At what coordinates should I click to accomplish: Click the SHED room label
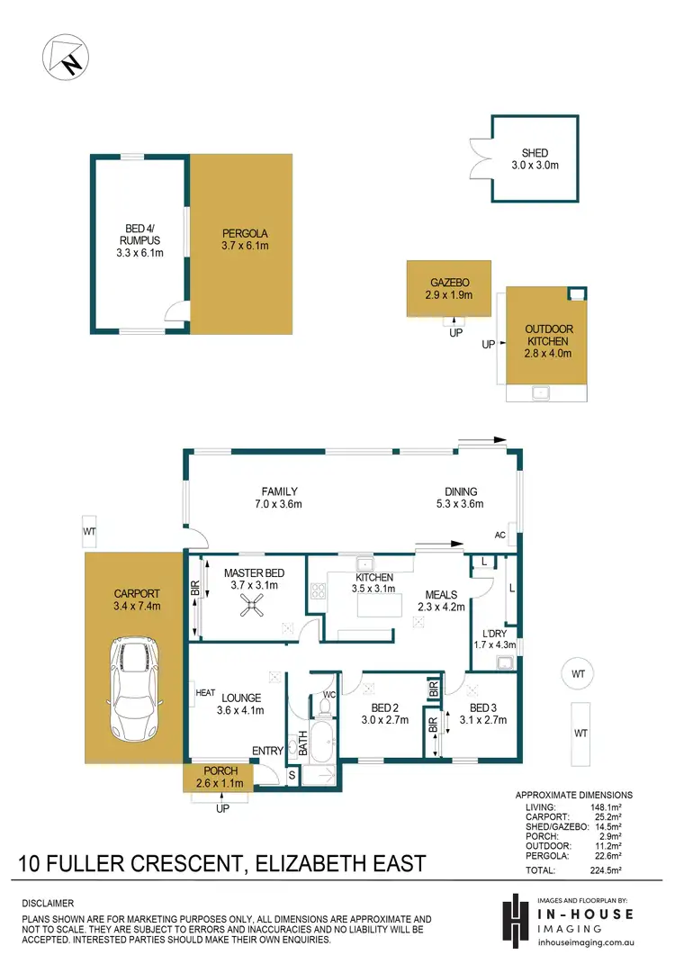tap(535, 153)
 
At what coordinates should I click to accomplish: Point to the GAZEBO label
tap(448, 282)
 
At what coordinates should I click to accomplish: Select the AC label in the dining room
tap(499, 535)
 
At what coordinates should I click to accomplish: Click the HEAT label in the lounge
tap(205, 692)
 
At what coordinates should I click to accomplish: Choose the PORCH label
tap(220, 770)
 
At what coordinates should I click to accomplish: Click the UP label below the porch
tap(222, 809)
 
